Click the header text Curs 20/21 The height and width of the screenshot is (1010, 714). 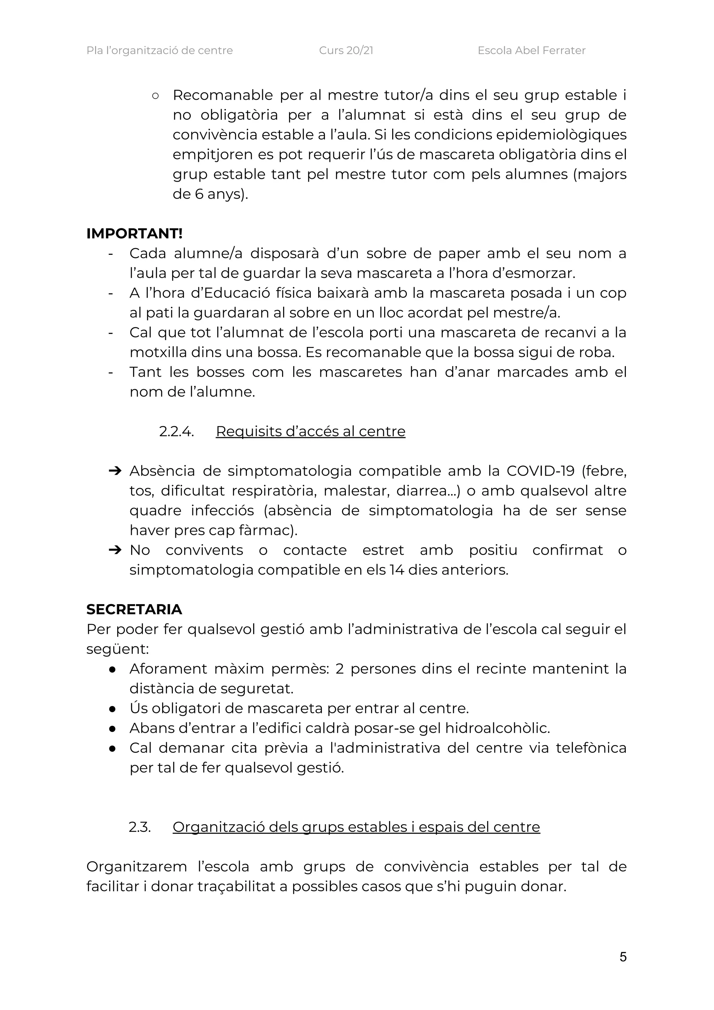click(x=346, y=51)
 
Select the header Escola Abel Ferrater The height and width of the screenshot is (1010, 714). click(x=531, y=51)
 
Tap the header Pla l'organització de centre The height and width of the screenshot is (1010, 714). click(x=159, y=51)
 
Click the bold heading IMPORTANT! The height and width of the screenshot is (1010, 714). click(x=134, y=234)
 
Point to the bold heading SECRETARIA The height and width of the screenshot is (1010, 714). click(x=134, y=609)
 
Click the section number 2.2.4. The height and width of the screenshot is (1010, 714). click(x=176, y=431)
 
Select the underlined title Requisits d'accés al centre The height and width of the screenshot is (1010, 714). click(x=310, y=431)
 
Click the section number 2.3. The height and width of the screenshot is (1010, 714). click(x=139, y=827)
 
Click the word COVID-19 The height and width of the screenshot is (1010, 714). click(x=540, y=471)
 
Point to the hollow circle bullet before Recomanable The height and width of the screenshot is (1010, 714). click(x=155, y=96)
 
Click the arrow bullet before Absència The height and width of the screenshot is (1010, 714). click(x=114, y=471)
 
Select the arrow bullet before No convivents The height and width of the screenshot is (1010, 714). click(x=114, y=550)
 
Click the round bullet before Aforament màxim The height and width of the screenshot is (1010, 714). click(x=112, y=669)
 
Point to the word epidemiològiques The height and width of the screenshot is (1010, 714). click(x=561, y=135)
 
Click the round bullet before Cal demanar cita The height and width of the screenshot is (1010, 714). click(x=112, y=748)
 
